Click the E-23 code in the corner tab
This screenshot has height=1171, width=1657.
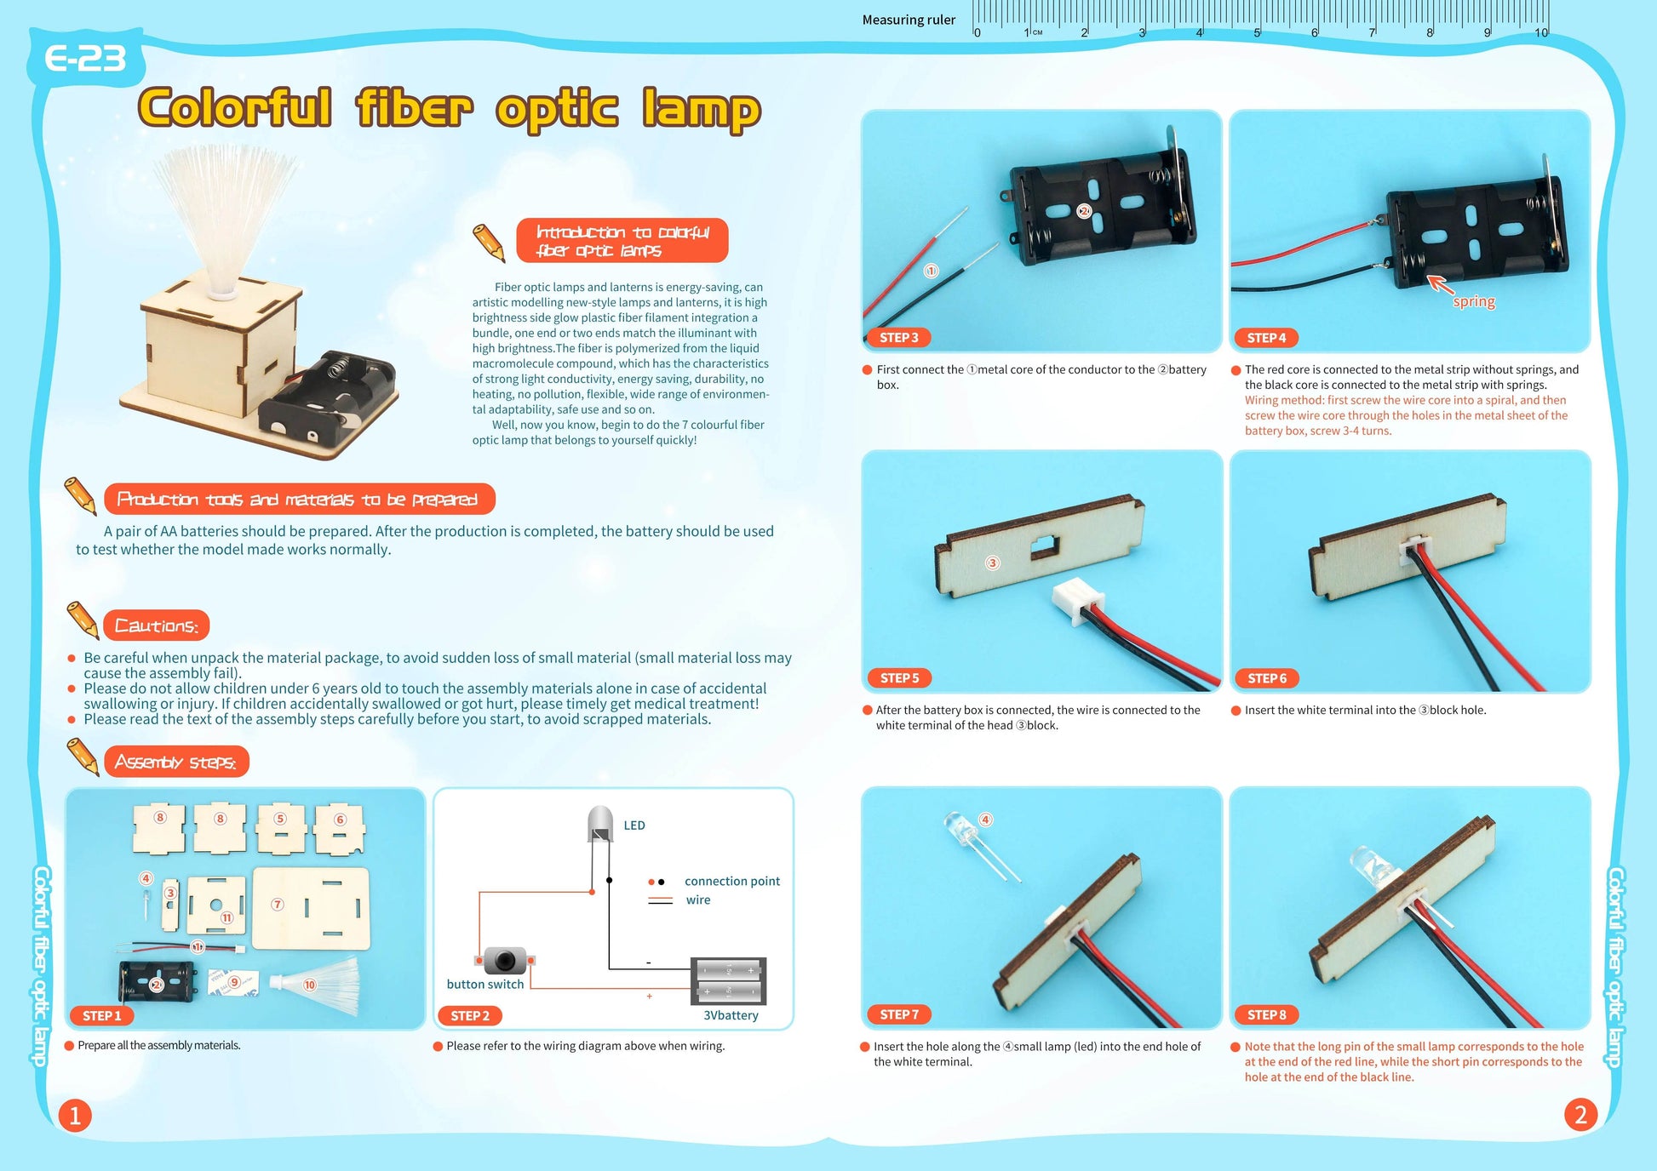click(85, 59)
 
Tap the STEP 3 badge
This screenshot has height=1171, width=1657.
click(898, 338)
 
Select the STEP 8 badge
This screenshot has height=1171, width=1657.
click(1266, 1014)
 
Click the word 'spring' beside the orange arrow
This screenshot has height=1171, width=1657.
click(1474, 301)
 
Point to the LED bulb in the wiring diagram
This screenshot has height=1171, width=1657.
click(600, 823)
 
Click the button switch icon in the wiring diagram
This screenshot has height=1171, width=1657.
click(505, 961)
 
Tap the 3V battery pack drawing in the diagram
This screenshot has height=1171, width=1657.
click(728, 980)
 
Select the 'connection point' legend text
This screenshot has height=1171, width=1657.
click(731, 881)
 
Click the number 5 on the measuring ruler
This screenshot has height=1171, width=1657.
click(1257, 32)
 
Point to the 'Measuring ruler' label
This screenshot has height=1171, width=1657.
click(909, 20)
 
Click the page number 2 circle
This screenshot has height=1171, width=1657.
click(1580, 1115)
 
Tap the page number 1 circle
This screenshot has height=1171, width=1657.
click(75, 1116)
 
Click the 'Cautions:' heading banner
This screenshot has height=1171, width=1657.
click(156, 625)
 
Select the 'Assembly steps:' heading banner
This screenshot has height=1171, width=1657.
click(176, 762)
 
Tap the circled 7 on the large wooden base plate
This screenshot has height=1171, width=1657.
click(278, 905)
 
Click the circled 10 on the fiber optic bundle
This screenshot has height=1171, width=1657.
click(309, 985)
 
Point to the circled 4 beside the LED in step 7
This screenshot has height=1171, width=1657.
click(985, 820)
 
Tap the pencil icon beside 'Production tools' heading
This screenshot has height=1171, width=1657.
click(81, 495)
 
